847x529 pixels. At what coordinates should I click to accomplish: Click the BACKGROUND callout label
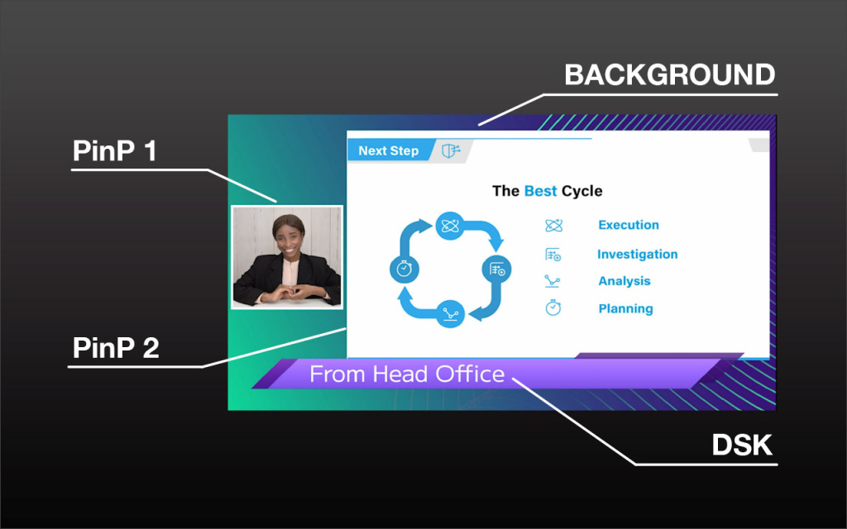[670, 74]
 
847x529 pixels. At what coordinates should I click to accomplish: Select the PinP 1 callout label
[114, 150]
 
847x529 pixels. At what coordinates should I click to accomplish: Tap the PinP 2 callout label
[116, 348]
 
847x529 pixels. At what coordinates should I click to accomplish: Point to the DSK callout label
[742, 445]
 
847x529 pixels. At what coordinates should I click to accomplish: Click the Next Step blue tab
[389, 150]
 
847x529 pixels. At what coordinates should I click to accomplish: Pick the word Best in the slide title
[540, 191]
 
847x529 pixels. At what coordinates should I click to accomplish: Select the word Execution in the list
[629, 225]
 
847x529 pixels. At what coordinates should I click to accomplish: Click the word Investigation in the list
[638, 255]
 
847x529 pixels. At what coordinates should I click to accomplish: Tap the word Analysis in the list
[624, 281]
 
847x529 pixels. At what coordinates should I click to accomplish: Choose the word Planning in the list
[625, 309]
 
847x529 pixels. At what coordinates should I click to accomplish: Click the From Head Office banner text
[407, 374]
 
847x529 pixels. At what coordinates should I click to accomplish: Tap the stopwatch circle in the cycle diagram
[404, 269]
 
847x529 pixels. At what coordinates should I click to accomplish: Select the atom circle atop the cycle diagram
[450, 226]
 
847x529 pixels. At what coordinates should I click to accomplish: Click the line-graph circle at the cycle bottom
[450, 313]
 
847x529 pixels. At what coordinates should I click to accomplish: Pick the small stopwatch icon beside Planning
[553, 307]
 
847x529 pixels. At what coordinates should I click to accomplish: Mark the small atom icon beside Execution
[553, 225]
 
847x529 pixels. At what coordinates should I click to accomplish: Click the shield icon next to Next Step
[451, 150]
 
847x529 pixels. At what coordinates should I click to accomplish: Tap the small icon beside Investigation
[553, 255]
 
